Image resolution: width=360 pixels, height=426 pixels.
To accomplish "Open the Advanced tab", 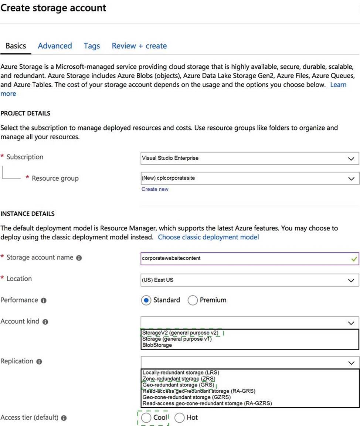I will tap(55, 46).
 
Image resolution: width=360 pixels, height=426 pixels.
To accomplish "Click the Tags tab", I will tap(92, 46).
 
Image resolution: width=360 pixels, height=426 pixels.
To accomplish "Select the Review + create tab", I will tap(139, 46).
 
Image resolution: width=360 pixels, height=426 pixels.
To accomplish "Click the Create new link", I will tap(155, 189).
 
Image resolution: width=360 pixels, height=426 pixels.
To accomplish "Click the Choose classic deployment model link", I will tap(208, 237).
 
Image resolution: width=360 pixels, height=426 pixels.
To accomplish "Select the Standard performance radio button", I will tap(146, 300).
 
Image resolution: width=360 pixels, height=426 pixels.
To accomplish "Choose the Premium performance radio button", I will tap(193, 300).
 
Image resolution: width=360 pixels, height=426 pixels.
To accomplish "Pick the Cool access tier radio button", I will tap(146, 418).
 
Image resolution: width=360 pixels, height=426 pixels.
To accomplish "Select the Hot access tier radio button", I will tap(180, 418).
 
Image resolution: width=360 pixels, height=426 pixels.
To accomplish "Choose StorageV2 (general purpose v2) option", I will tap(180, 333).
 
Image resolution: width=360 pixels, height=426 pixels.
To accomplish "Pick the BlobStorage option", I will tap(157, 345).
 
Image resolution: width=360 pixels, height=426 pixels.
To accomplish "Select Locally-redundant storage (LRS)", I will tap(181, 373).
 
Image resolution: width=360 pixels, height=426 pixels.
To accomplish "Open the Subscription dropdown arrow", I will tap(351, 159).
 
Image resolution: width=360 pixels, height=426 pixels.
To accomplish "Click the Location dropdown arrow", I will tap(351, 280).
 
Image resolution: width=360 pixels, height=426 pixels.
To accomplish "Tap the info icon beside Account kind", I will tap(45, 322).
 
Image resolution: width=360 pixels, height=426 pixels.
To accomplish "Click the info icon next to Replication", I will tap(39, 362).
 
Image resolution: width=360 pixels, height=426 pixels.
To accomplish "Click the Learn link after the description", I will tap(338, 85).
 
